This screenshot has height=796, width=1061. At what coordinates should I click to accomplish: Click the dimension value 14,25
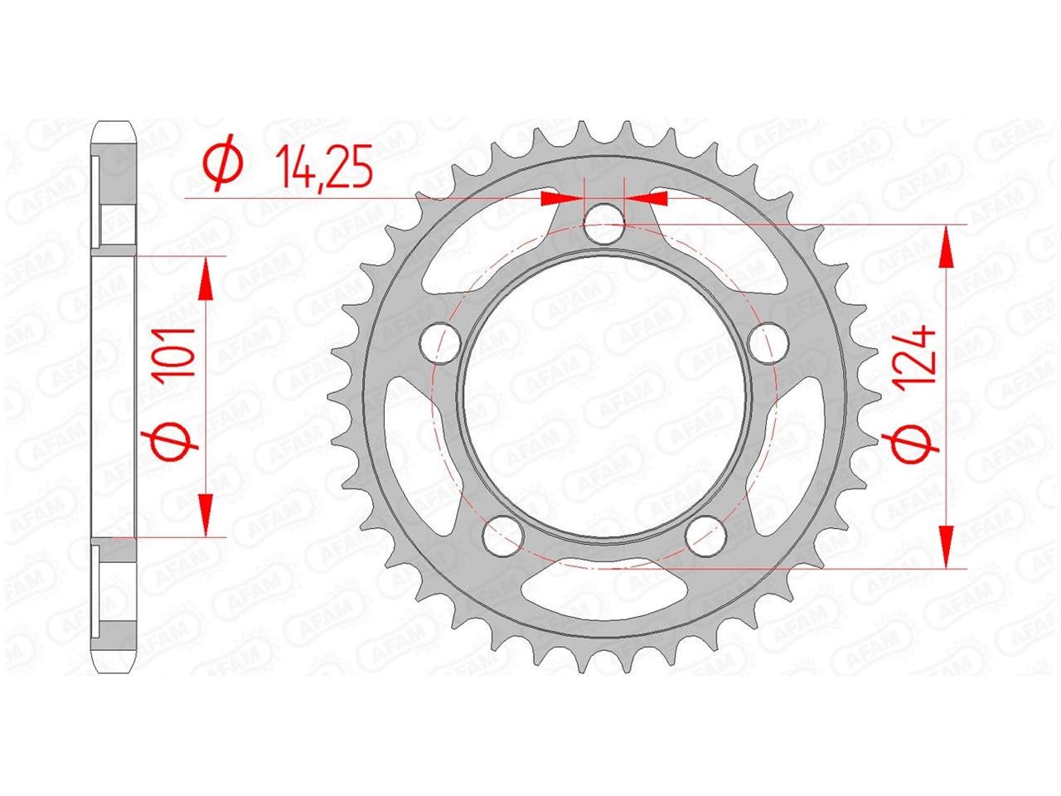(323, 166)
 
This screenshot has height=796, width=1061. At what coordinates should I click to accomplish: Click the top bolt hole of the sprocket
(604, 224)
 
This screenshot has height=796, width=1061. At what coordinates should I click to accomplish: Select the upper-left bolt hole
(440, 342)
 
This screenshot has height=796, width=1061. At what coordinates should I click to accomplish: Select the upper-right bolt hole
(768, 343)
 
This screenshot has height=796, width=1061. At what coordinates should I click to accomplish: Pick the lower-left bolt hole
(503, 536)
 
